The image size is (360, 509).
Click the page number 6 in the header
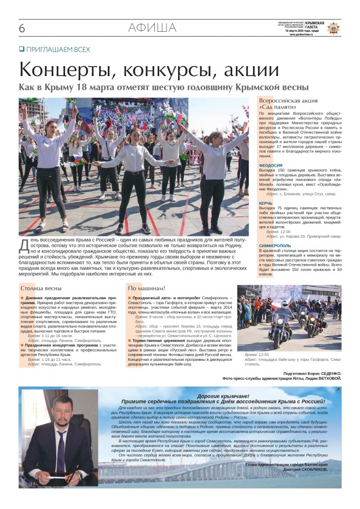pos(22,29)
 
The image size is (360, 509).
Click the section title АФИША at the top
pos(152,28)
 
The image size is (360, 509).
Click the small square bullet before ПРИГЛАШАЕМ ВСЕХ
pos(21,49)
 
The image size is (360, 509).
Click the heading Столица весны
pos(41,288)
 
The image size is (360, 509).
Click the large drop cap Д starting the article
pos(24,245)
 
